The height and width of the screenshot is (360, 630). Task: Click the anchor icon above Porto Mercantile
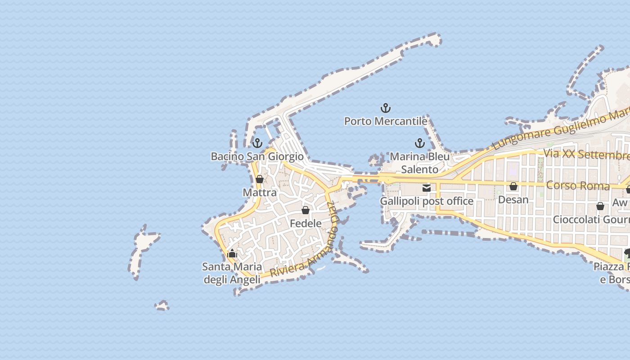pos(386,108)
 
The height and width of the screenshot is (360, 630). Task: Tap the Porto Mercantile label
pos(386,121)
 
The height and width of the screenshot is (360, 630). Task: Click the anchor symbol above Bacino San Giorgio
pos(257,143)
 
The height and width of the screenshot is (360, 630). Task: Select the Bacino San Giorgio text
pos(257,157)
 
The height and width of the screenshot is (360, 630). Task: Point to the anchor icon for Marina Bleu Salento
pos(419,143)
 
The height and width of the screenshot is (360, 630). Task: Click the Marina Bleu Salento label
pos(419,162)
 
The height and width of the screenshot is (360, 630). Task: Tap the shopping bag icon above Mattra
pos(260,179)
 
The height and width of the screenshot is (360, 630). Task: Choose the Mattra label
pos(260,193)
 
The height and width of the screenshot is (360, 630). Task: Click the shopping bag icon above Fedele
pos(306,210)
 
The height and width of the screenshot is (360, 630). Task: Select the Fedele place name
pos(306,223)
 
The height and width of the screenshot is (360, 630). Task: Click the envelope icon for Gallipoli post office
pos(426,188)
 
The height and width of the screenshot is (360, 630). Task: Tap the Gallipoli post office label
pos(426,201)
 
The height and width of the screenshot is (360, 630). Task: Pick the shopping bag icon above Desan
pos(513,186)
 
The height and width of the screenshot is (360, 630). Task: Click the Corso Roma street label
pos(578,185)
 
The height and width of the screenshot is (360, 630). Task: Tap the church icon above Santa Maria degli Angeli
pos(232,254)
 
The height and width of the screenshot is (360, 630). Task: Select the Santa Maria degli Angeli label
pos(232,273)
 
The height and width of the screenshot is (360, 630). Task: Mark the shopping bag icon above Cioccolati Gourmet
pos(600,206)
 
